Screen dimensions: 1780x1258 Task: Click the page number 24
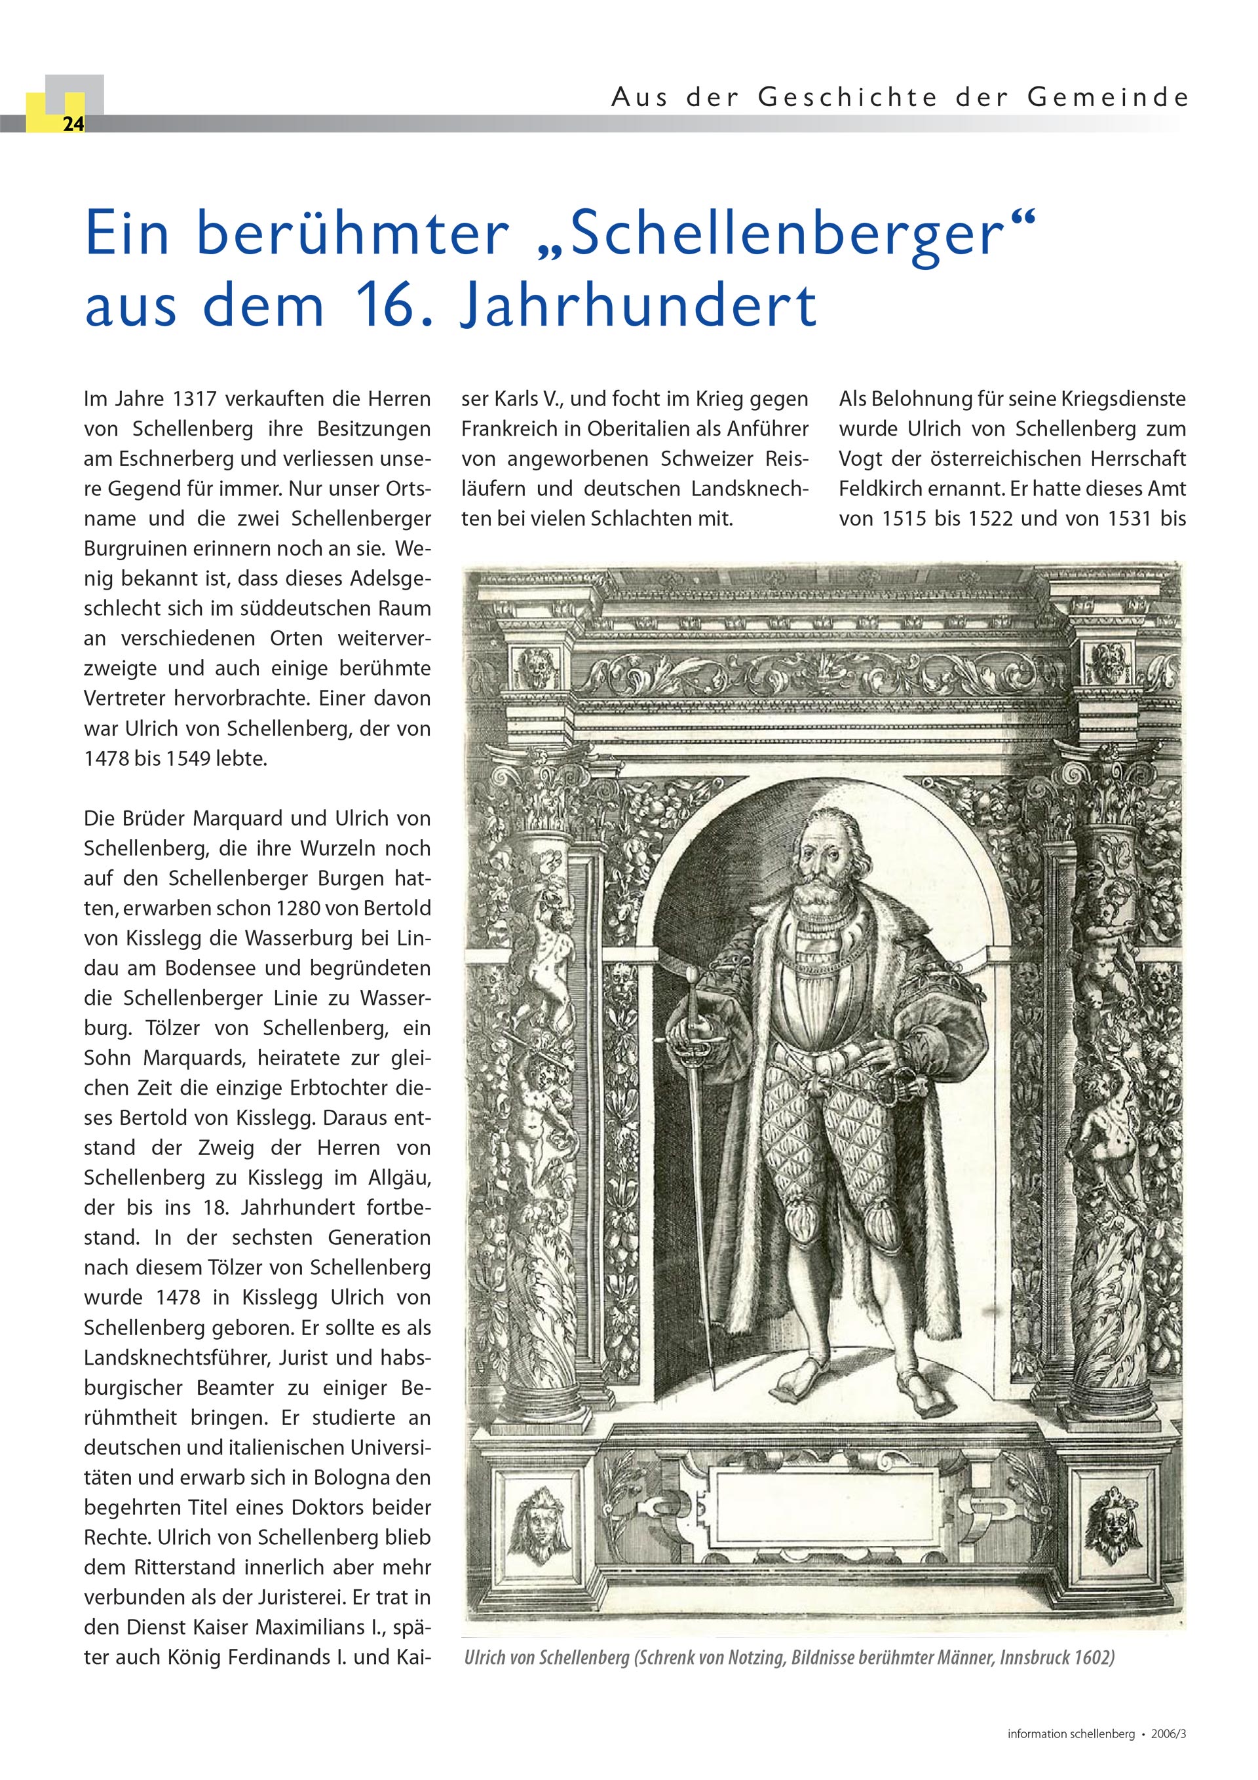[73, 124]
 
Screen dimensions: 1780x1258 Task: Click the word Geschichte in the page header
[848, 98]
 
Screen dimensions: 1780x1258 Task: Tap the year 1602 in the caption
[1094, 1658]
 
